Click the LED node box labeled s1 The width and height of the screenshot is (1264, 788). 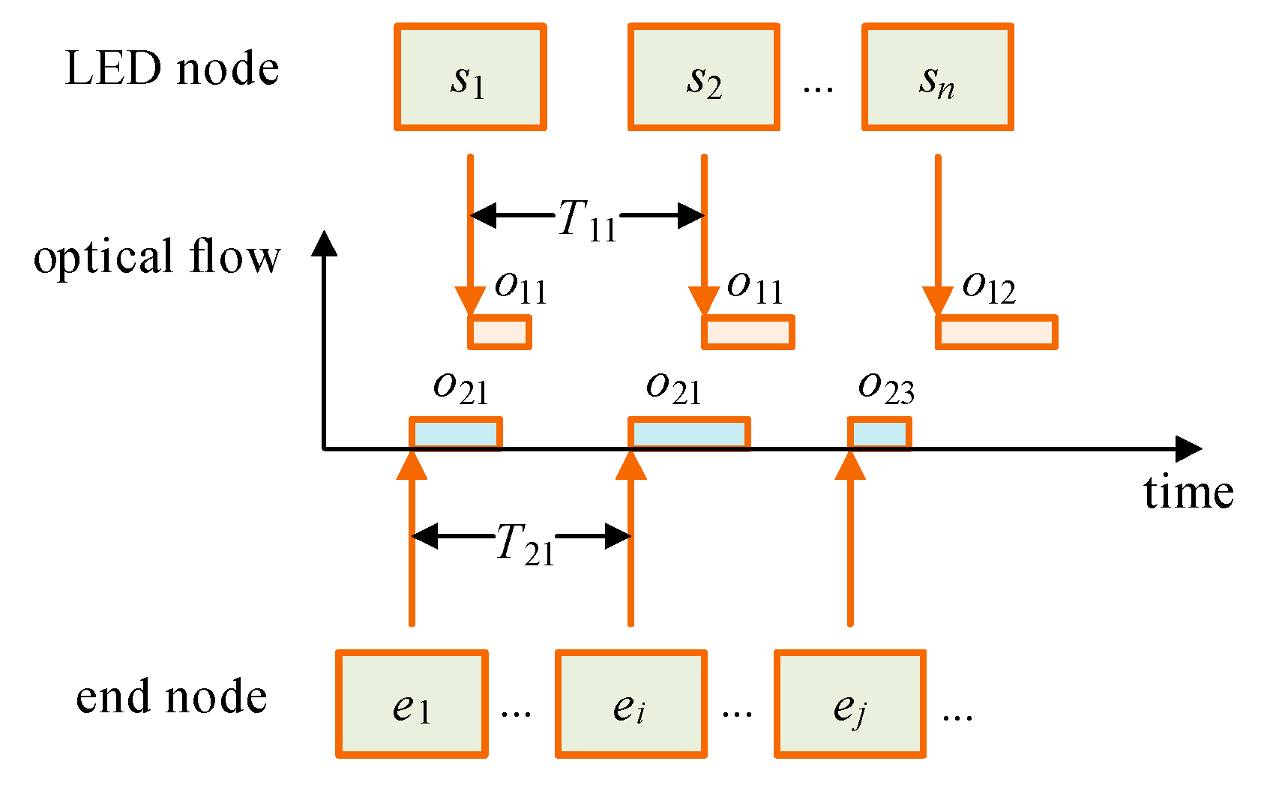(470, 77)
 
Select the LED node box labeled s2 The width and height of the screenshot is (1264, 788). (704, 77)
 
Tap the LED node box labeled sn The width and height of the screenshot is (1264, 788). (938, 77)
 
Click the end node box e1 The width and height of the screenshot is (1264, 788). (412, 704)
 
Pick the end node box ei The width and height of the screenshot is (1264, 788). (631, 704)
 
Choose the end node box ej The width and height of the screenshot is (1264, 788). (850, 704)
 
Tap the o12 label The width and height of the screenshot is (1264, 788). (989, 287)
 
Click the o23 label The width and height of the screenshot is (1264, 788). (886, 388)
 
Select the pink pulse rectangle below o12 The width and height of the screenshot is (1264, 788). (996, 332)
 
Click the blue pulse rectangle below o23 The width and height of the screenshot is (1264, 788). (879, 433)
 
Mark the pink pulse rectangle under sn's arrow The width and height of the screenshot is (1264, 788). (996, 332)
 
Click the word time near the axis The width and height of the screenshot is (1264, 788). (1188, 493)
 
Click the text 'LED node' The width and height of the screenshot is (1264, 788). (172, 69)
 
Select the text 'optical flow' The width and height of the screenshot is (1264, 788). (157, 256)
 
